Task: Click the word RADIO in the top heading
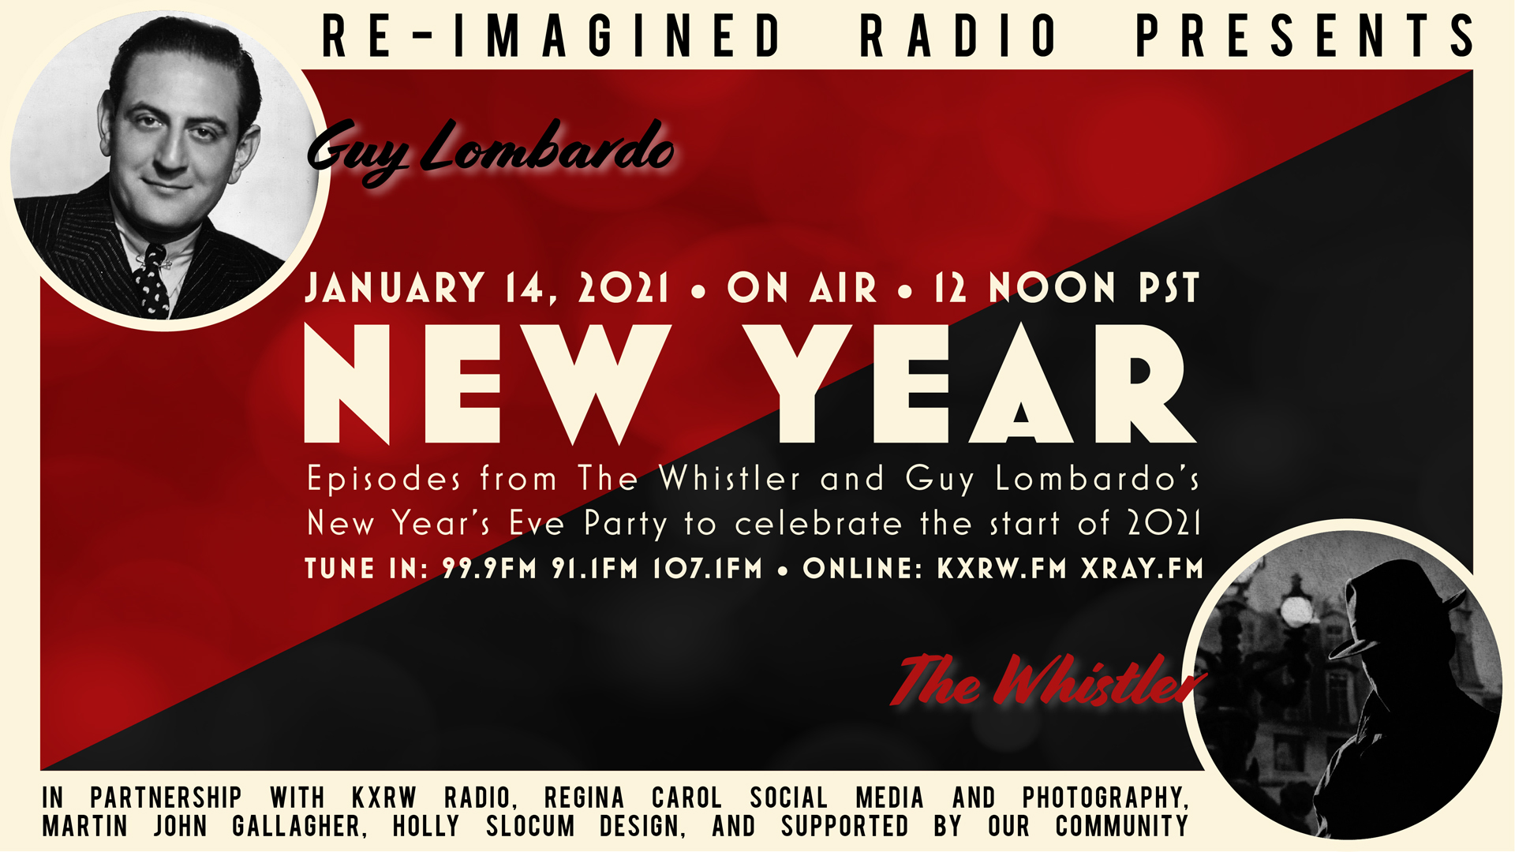point(959,36)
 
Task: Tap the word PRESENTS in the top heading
point(1304,36)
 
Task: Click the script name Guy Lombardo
point(490,150)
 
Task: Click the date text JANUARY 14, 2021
point(487,288)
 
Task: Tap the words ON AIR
point(802,288)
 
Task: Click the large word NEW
point(487,384)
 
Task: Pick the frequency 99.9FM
point(489,569)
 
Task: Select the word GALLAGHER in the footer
point(299,827)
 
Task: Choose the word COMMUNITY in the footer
point(1122,827)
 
